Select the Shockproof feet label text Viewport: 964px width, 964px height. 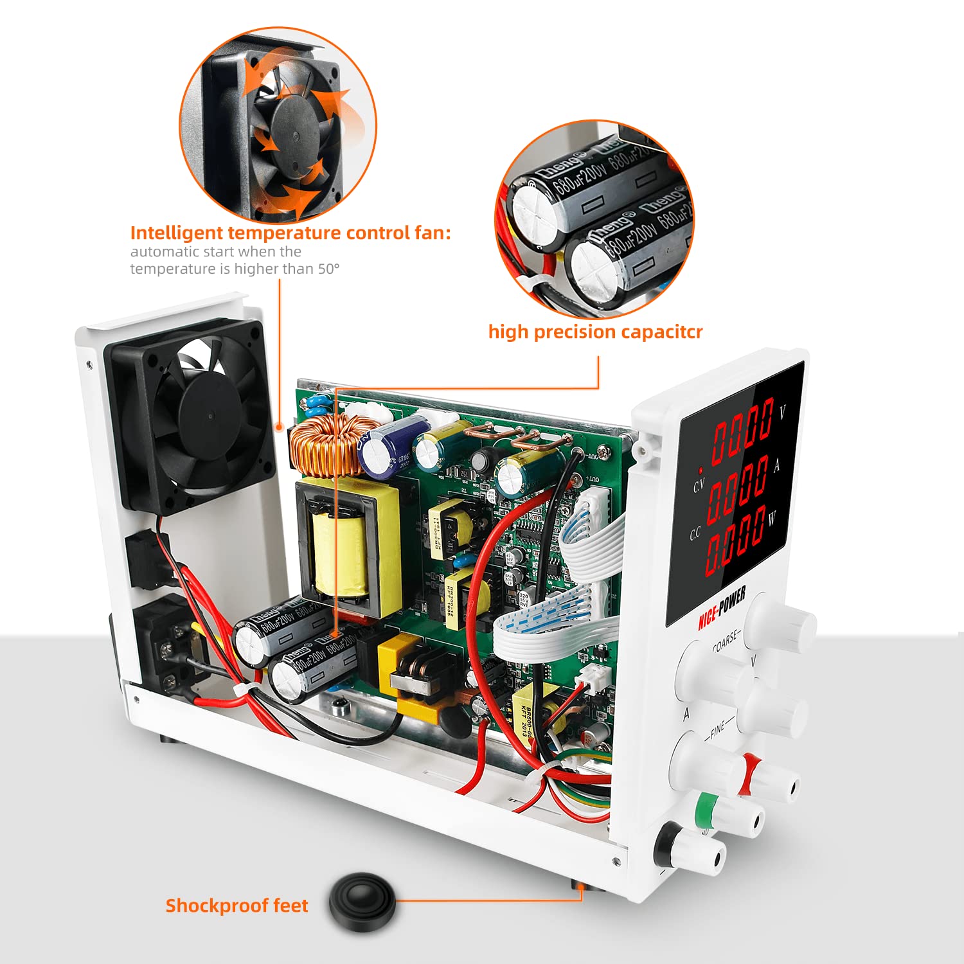point(237,906)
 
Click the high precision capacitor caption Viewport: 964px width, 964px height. point(595,332)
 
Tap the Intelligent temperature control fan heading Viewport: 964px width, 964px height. point(290,233)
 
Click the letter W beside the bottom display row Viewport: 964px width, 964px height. point(772,517)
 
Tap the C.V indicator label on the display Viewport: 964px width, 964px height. point(699,485)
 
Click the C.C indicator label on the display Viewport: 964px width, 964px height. point(695,534)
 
